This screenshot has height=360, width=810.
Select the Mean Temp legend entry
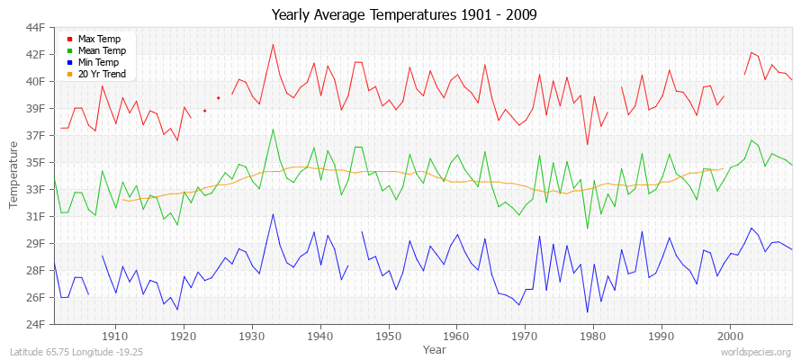(100, 51)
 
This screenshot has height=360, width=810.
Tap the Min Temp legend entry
(98, 63)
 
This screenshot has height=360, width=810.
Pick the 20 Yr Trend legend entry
(102, 75)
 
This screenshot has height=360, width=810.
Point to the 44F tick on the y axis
(34, 27)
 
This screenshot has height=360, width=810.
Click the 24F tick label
(34, 324)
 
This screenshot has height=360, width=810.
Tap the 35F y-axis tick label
(34, 162)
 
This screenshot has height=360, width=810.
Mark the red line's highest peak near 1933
(273, 44)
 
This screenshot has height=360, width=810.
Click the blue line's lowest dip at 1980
(588, 312)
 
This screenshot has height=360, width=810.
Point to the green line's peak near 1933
(273, 130)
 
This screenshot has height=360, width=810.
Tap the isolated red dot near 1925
(219, 98)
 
